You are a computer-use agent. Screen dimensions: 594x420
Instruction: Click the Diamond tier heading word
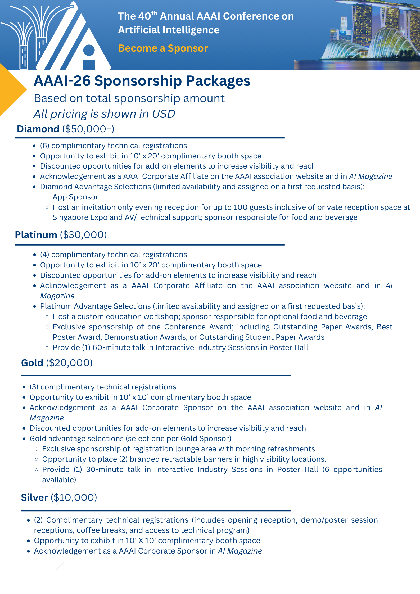38,129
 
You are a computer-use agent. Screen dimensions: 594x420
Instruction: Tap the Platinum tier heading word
36,235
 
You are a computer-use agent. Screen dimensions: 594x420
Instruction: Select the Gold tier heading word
32,363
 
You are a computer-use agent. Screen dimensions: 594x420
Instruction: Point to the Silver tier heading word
34,498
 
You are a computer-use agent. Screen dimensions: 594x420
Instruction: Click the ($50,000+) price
88,129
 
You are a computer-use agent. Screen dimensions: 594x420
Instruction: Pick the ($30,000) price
83,235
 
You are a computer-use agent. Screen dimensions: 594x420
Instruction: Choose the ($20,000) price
69,363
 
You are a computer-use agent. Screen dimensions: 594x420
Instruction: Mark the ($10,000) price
74,498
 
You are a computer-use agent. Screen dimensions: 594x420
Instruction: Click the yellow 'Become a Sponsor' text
163,48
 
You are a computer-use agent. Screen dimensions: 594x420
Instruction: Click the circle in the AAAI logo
89,50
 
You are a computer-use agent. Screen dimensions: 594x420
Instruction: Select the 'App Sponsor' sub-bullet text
75,197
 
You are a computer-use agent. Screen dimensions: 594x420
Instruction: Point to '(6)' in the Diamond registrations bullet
45,146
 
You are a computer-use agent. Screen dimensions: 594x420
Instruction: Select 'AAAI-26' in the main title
62,81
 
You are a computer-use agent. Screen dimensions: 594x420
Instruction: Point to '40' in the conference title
144,16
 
